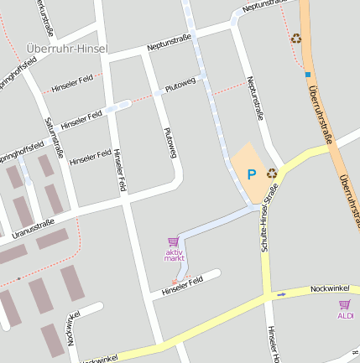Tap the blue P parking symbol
coord(250,174)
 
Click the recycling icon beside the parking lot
coord(272,173)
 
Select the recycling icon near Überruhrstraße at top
coord(295,38)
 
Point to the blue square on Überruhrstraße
coord(307,74)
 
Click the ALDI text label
coord(345,315)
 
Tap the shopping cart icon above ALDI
coord(344,304)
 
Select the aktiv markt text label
coord(174,255)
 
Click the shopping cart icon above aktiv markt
coord(174,241)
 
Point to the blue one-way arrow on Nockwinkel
coord(281,293)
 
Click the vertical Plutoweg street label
coord(170,142)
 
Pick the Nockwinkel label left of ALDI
coord(329,288)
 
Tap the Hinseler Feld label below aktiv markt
coord(183,285)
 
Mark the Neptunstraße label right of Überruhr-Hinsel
coord(170,41)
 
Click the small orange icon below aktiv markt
coord(175,282)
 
